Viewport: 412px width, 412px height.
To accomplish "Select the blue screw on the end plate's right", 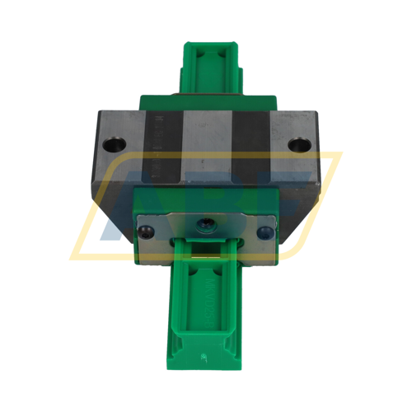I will pyautogui.click(x=265, y=232).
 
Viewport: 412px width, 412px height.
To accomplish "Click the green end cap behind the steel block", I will pyautogui.click(x=206, y=99).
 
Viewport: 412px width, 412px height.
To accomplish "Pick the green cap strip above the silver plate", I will pyautogui.click(x=206, y=199).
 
